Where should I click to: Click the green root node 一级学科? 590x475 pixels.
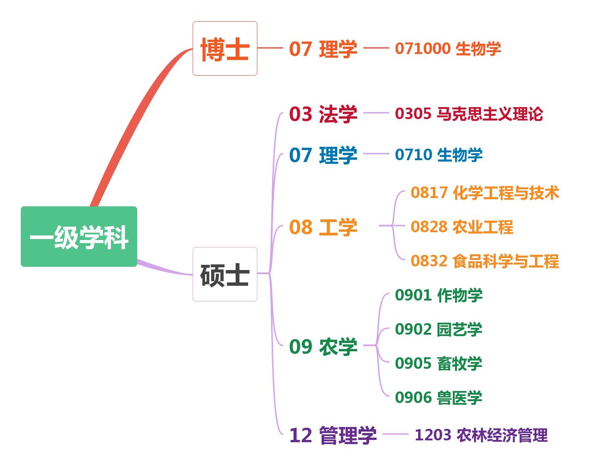tap(79, 237)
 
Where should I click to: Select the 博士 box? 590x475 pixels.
tap(225, 48)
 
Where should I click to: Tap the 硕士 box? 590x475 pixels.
tap(225, 274)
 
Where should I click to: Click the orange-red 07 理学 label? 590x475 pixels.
tap(323, 49)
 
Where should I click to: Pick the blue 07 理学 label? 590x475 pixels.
tap(323, 155)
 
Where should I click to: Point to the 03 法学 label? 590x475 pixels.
tap(323, 114)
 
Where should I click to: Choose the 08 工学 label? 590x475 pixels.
tap(323, 227)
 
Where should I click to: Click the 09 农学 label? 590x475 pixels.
tap(323, 346)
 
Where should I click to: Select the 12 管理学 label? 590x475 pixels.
tap(333, 435)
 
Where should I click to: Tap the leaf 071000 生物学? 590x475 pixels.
tap(448, 48)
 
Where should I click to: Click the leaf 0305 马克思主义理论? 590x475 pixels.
tap(468, 114)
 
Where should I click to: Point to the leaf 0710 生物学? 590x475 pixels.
tap(438, 155)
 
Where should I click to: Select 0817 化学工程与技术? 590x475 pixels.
tap(485, 193)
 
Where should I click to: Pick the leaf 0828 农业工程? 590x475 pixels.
tap(462, 227)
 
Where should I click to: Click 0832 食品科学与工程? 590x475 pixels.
tap(485, 261)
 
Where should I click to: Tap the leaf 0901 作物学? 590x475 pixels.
tap(438, 295)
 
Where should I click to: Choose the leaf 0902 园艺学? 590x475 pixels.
tap(438, 330)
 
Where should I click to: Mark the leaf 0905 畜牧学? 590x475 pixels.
tap(438, 364)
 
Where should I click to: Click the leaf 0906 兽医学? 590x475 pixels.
tap(438, 397)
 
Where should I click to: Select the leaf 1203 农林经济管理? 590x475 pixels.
tap(481, 435)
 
